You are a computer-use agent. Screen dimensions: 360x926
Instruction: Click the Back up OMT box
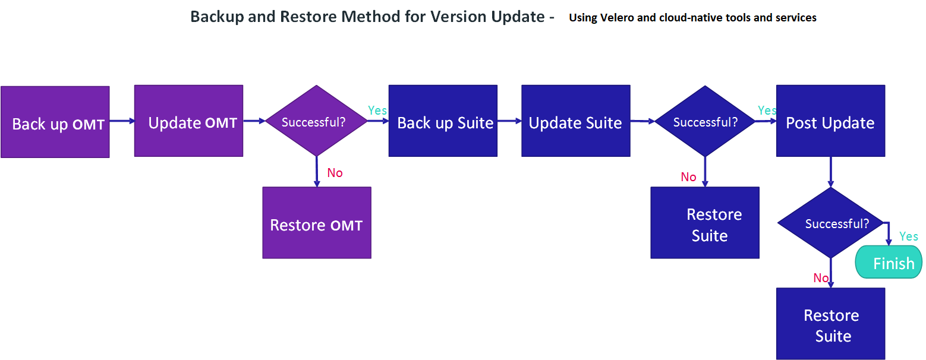[55, 122]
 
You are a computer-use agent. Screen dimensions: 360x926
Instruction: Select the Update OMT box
[188, 121]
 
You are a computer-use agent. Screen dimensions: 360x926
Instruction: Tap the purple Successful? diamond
[316, 121]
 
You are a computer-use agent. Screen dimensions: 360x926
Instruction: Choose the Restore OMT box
[317, 223]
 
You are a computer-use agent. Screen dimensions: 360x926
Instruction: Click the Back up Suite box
[443, 121]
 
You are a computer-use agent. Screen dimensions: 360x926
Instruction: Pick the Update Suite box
[575, 121]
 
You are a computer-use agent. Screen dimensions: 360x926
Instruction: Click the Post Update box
[830, 121]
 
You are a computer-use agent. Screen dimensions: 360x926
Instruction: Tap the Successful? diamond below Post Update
[830, 223]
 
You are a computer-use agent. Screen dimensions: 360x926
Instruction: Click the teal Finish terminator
[889, 263]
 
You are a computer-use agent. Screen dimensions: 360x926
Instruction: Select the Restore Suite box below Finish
[830, 324]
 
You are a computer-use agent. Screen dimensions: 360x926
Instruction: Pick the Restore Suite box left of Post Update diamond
[705, 223]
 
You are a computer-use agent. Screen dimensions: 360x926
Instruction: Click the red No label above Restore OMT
[335, 173]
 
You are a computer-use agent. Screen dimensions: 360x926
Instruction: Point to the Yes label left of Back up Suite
[377, 110]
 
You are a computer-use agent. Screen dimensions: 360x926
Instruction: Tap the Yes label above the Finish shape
[909, 236]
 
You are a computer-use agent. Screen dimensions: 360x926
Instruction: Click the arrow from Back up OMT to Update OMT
[122, 121]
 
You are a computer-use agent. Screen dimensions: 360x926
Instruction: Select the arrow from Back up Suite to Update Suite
[509, 121]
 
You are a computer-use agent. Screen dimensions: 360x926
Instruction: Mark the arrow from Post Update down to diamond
[830, 172]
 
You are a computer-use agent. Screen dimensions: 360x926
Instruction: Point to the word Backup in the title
[213, 17]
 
